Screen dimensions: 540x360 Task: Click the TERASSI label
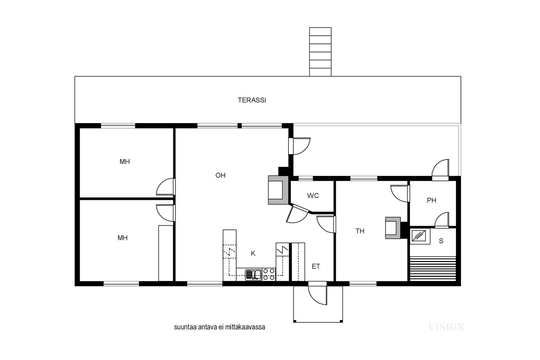[252, 100]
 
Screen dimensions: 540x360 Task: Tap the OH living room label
[220, 175]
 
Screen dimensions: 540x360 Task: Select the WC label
[313, 196]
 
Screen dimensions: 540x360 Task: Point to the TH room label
[360, 231]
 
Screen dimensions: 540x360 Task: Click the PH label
[432, 200]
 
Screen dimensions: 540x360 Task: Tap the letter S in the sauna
[441, 241]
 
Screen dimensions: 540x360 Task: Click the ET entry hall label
[316, 266]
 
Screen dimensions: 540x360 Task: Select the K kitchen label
[253, 253]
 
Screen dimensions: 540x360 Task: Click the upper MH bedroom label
[125, 162]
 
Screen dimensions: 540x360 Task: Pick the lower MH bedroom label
[123, 238]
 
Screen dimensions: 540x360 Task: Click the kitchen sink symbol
[253, 275]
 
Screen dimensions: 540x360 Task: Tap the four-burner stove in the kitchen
[269, 274]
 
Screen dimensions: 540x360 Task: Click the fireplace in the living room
[278, 190]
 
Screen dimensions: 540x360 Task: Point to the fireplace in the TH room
[393, 228]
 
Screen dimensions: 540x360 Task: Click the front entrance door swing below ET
[318, 295]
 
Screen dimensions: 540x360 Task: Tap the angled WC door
[297, 214]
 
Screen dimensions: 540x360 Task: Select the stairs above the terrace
[320, 52]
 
